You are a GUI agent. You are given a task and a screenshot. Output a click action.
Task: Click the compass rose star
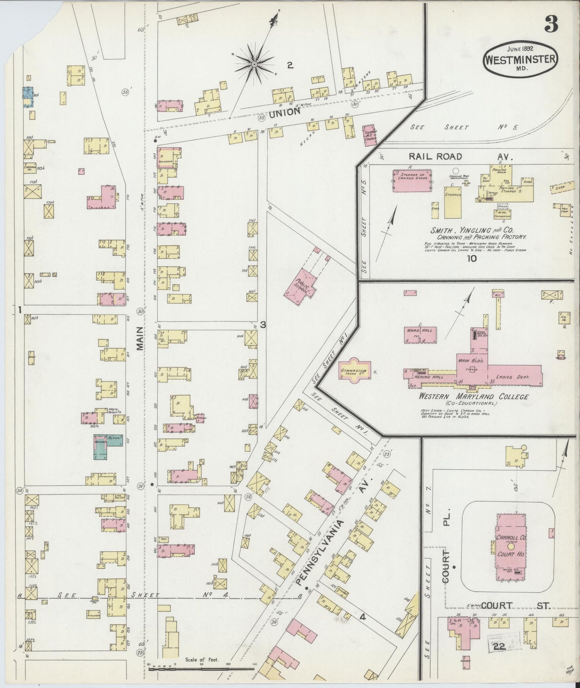point(254,64)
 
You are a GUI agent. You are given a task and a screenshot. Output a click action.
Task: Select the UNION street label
point(285,113)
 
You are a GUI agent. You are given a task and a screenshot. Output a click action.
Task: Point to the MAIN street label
point(140,338)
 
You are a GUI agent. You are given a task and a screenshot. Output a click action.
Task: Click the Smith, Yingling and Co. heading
point(478,231)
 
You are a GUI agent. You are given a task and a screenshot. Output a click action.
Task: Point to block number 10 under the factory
point(472,259)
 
